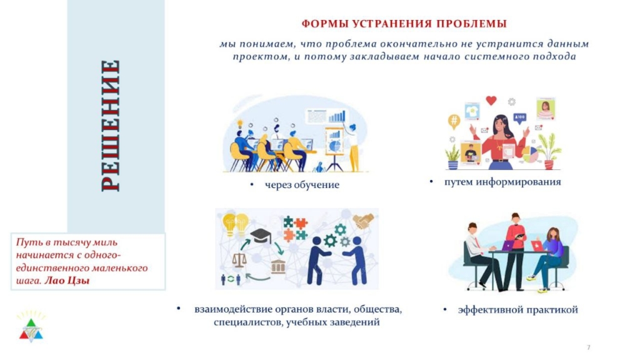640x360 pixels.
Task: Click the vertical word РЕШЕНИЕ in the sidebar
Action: point(111,126)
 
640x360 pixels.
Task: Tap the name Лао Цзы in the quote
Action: point(66,281)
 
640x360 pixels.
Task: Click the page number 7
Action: point(589,347)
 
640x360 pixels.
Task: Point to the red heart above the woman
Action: point(491,100)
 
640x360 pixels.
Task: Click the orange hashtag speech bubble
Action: point(454,121)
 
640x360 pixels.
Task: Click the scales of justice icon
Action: point(239,260)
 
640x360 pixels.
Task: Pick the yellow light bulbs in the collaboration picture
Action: point(236,224)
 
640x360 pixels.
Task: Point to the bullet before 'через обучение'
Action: point(252,185)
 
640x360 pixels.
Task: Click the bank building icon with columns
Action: point(278,266)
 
